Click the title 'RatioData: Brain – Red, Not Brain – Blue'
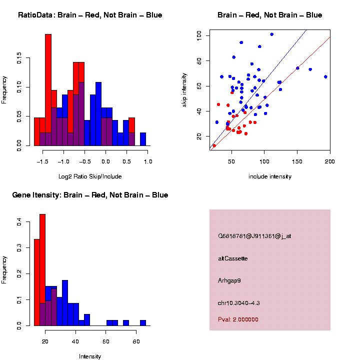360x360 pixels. pyautogui.click(x=90, y=15)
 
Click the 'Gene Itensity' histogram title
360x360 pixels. pyautogui.click(x=90, y=195)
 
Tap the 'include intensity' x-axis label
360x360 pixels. pyautogui.click(x=269, y=176)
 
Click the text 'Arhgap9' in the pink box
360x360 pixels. pyautogui.click(x=229, y=280)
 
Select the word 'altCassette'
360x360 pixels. pyautogui.click(x=232, y=258)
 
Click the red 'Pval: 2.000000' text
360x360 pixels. pyautogui.click(x=238, y=319)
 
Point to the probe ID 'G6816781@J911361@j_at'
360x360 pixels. pyautogui.click(x=254, y=236)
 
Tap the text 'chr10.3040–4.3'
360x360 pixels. pyautogui.click(x=238, y=303)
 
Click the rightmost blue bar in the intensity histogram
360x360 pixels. pyautogui.click(x=142, y=323)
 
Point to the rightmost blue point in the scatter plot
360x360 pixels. pyautogui.click(x=325, y=77)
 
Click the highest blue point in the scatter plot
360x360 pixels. pyautogui.click(x=271, y=34)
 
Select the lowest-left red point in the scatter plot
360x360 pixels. pyautogui.click(x=214, y=145)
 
